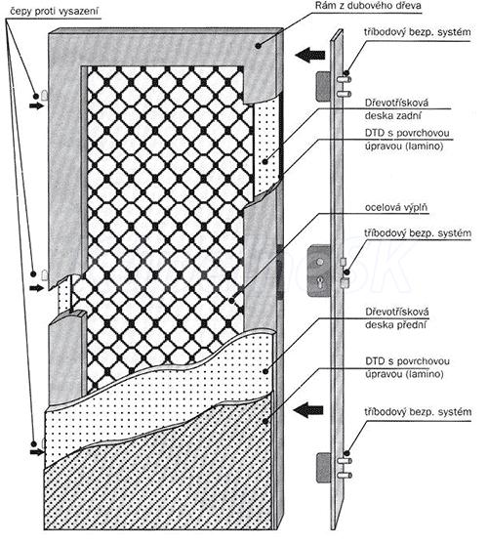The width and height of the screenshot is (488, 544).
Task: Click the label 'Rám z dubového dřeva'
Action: [x=368, y=6]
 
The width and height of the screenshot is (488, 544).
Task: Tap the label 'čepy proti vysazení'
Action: [x=54, y=12]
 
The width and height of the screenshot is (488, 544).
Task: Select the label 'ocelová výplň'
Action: [x=396, y=207]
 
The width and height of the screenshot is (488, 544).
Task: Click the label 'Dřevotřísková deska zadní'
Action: [x=396, y=109]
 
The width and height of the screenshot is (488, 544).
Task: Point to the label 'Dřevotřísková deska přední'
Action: [x=397, y=318]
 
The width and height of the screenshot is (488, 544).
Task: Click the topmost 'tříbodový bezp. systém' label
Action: [x=418, y=32]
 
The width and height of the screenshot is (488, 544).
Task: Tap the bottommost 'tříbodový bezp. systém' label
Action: [x=418, y=412]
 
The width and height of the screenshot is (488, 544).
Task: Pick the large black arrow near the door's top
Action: [x=310, y=55]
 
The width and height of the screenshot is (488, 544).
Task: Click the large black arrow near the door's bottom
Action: [x=308, y=410]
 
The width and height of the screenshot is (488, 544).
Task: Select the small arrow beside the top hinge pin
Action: [x=37, y=105]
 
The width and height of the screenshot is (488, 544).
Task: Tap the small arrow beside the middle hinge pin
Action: [x=37, y=287]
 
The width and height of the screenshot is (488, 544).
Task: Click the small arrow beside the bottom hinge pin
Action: [x=37, y=452]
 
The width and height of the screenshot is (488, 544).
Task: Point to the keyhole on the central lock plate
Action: [x=320, y=283]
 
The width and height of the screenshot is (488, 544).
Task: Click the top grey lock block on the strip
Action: [x=323, y=86]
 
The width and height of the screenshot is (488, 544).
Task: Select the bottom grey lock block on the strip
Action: [x=324, y=468]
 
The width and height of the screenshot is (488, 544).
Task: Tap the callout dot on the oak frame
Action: [x=258, y=46]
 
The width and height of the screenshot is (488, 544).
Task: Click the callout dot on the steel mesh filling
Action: [x=231, y=301]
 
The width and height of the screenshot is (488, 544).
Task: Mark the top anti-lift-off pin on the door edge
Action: [x=44, y=96]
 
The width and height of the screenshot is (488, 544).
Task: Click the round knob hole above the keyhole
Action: [x=320, y=262]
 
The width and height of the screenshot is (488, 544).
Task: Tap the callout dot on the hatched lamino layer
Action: [x=265, y=422]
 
